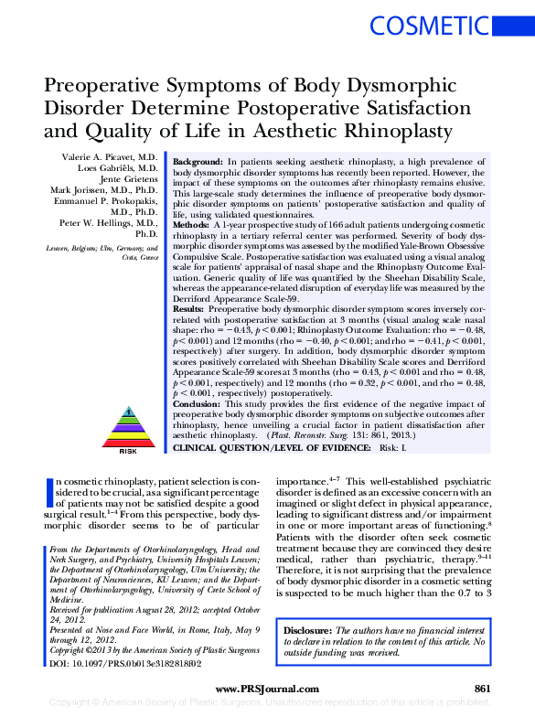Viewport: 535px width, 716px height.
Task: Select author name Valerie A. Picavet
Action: coord(106,158)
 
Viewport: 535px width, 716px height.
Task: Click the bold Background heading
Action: coord(197,160)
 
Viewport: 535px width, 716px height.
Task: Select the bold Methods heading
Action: coord(191,223)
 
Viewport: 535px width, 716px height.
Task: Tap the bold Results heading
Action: coord(188,310)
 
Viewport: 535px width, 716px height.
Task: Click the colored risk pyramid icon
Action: coord(128,425)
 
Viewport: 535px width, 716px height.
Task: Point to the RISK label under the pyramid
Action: coord(128,452)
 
